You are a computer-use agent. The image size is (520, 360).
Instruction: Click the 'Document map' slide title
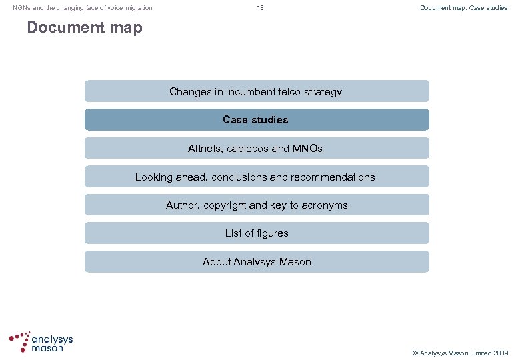click(85, 28)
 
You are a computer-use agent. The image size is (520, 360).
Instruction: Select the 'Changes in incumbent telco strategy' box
click(257, 91)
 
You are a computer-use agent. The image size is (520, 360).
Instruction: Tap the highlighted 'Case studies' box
click(257, 120)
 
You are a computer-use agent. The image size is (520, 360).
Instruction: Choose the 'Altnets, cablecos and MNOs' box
click(257, 149)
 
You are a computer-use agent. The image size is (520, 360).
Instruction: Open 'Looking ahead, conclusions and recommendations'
click(257, 177)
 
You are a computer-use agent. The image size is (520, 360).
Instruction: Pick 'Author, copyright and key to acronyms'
click(257, 205)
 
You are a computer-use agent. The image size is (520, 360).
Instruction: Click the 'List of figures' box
click(257, 233)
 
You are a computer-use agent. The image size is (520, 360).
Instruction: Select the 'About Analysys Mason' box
click(257, 262)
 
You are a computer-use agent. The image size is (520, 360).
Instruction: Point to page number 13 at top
click(260, 8)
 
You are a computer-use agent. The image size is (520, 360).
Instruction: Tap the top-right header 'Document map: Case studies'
click(463, 8)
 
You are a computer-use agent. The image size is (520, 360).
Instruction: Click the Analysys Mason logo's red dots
click(19, 341)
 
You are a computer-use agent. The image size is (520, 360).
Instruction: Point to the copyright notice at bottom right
click(461, 352)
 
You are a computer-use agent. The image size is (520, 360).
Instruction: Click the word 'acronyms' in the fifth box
click(325, 205)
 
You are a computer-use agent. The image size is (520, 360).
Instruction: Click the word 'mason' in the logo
click(47, 348)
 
